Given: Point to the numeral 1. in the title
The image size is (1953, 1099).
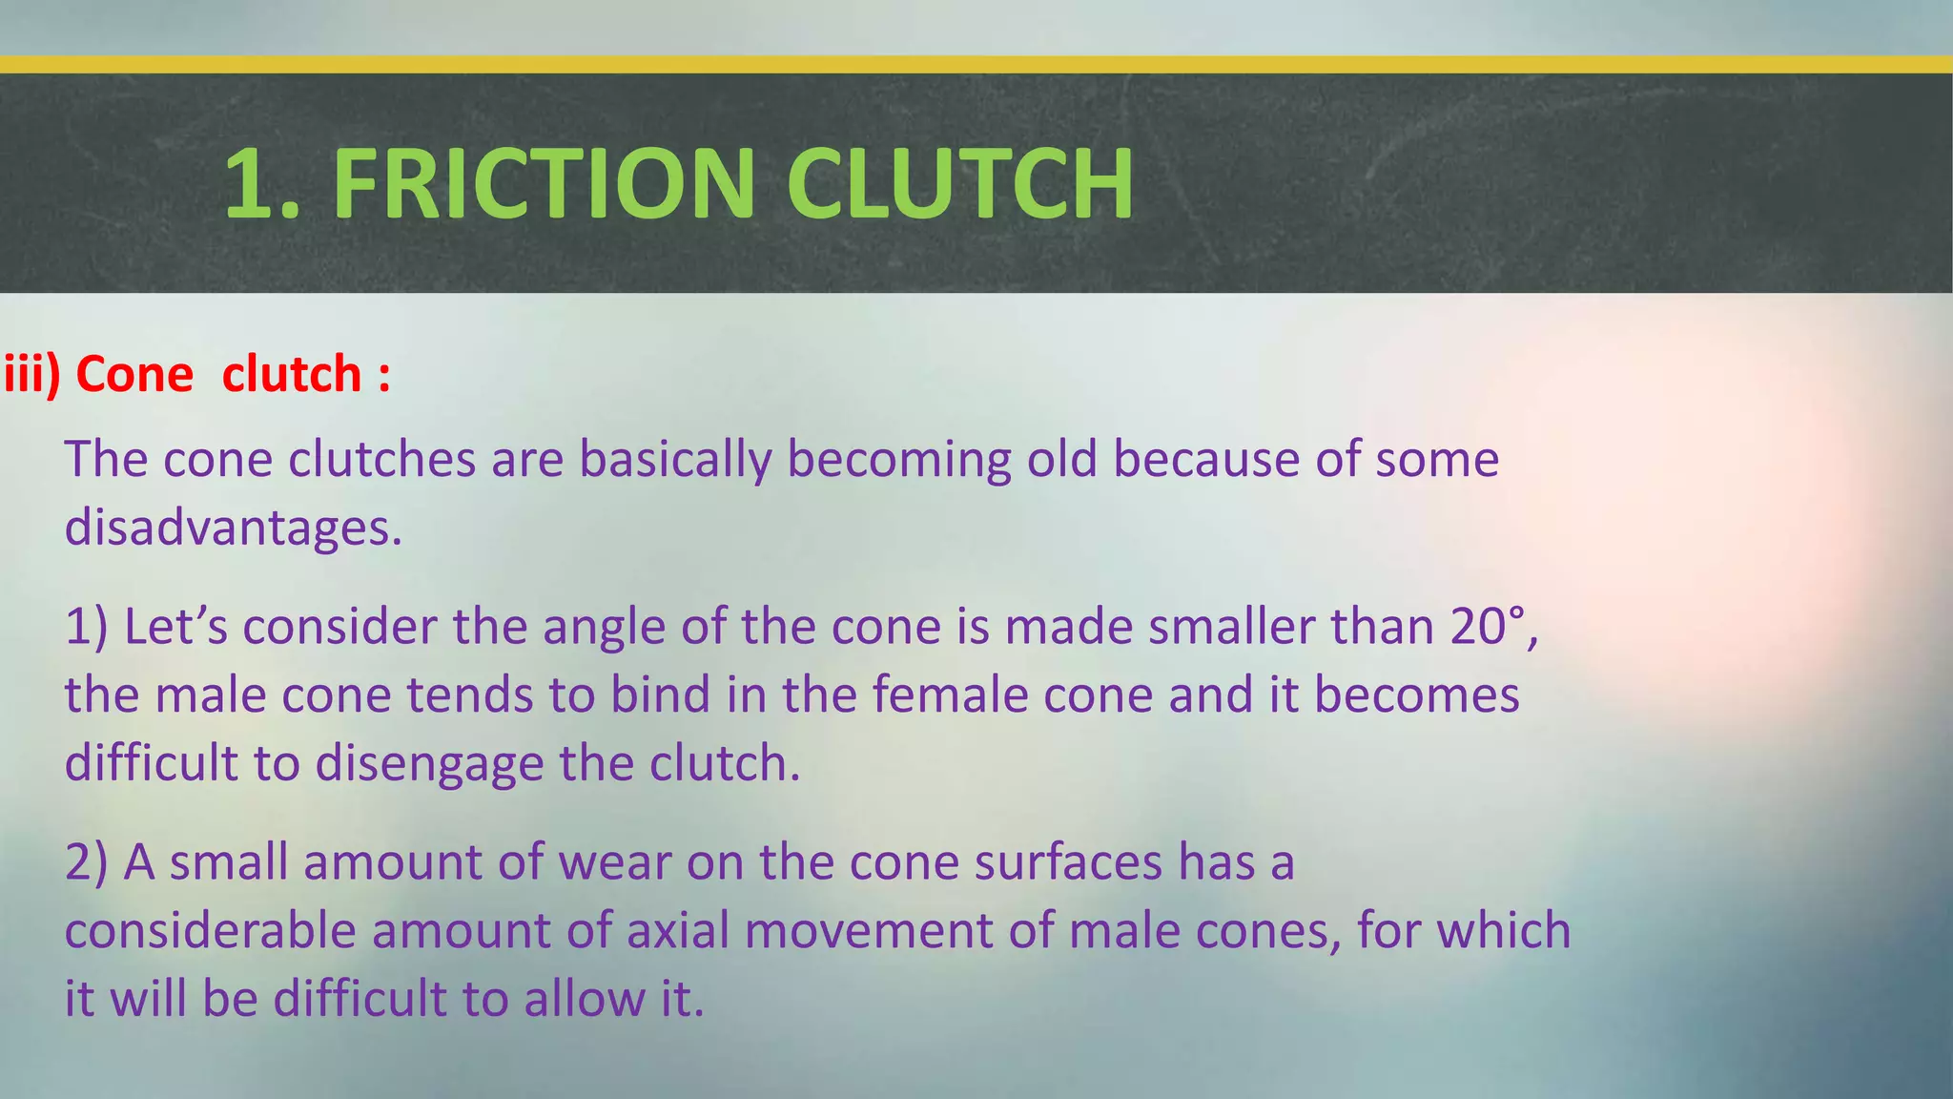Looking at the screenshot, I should [x=261, y=183].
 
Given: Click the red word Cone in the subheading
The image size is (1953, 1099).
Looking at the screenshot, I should [x=134, y=373].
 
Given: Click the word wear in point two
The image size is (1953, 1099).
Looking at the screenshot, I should [x=615, y=862].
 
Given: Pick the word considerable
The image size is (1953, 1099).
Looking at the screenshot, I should [x=210, y=930].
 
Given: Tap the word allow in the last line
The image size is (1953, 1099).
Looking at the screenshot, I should [x=578, y=999].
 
